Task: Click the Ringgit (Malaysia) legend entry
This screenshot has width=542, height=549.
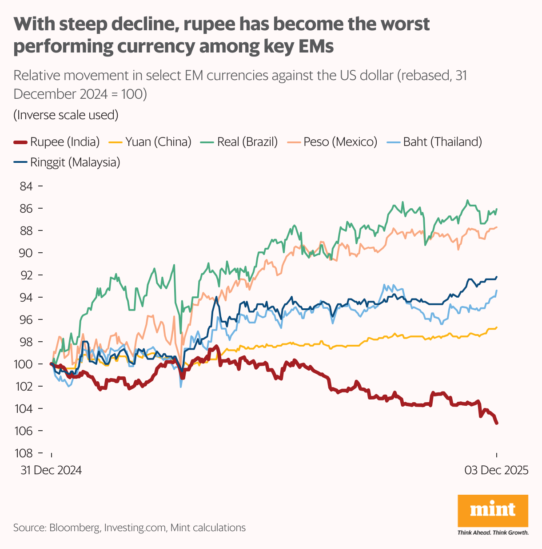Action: [x=67, y=162]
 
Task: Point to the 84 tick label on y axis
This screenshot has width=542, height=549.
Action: [x=26, y=186]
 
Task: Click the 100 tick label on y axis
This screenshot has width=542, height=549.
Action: [x=24, y=364]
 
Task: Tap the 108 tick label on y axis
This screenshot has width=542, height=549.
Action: [x=24, y=453]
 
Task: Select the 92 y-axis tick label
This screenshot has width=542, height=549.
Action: [x=26, y=275]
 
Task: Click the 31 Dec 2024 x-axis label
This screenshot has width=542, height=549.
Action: [x=51, y=470]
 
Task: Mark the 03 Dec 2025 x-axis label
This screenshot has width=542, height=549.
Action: [x=496, y=470]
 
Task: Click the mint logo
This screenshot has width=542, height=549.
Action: [x=493, y=510]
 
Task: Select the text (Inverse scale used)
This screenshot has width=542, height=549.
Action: [x=66, y=115]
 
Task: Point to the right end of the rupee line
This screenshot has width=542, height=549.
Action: [x=497, y=423]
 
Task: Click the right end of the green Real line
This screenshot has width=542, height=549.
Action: [x=497, y=209]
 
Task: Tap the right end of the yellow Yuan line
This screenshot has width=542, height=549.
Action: [x=497, y=327]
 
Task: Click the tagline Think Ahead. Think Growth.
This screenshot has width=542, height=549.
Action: [x=493, y=533]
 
